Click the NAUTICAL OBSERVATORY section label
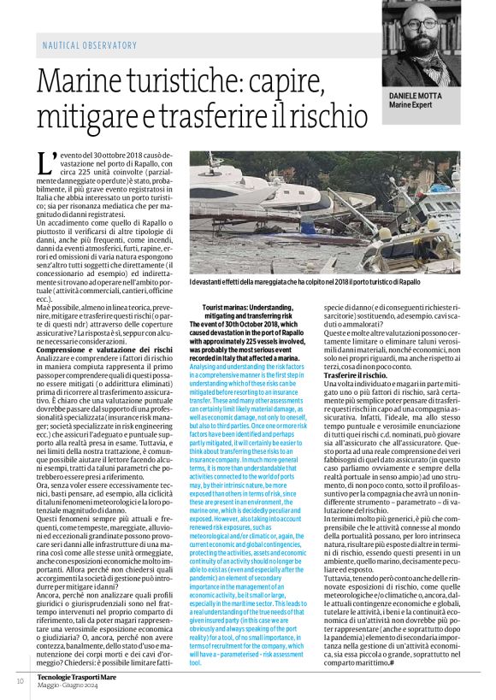(90, 44)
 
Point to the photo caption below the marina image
(304, 281)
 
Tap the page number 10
(20, 680)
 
